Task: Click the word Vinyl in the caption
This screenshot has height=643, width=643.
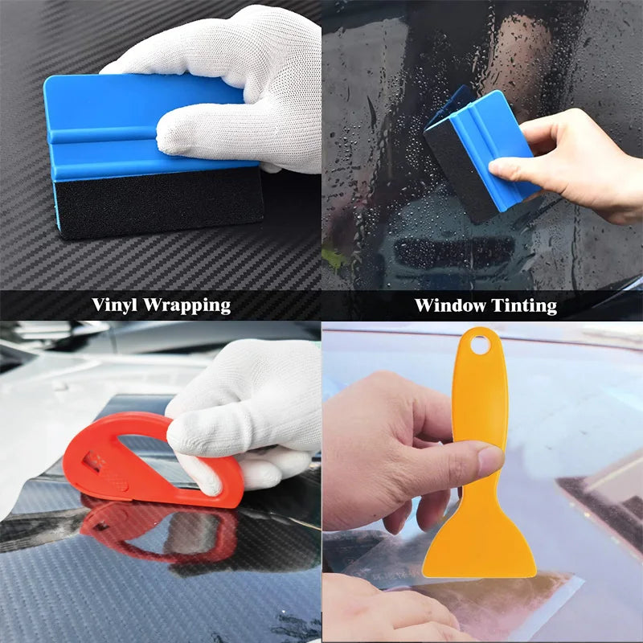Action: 114,305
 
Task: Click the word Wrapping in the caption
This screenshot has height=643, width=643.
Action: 186,306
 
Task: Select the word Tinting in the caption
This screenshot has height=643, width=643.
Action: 524,306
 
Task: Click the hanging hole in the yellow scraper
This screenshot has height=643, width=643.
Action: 480,345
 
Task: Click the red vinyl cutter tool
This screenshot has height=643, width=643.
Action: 153,459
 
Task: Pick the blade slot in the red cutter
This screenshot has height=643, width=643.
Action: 94,461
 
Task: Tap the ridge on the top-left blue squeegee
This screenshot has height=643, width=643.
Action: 103,136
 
